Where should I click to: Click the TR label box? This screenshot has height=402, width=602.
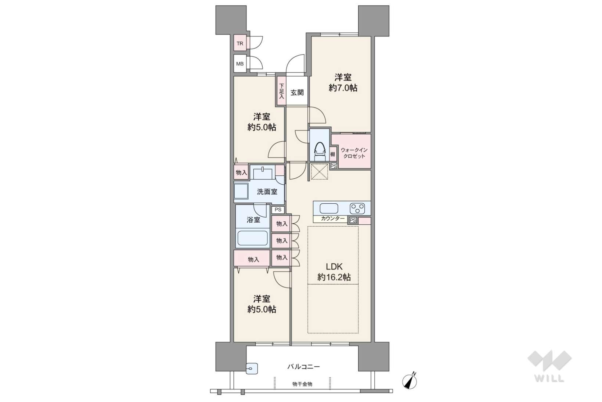[x=240, y=43]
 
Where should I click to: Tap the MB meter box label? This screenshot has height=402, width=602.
[x=240, y=64]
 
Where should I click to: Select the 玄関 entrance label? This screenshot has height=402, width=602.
[x=297, y=93]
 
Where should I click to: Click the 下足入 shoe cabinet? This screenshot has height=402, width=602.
[x=281, y=91]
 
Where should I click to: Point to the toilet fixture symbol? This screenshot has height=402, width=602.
[x=320, y=151]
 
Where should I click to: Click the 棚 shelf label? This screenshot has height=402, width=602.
[x=333, y=154]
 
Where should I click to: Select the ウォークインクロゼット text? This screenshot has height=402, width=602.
[x=354, y=153]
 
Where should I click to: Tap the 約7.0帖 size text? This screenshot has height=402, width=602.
[x=343, y=88]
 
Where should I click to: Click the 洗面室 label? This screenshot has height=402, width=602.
[x=267, y=192]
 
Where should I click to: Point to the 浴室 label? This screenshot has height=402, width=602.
[x=253, y=220]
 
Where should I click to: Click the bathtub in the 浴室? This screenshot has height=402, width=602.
[x=253, y=238]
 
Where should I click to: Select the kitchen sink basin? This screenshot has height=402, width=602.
[x=329, y=209]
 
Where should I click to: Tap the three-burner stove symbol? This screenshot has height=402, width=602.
[x=357, y=209]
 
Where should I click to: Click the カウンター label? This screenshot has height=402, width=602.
[x=333, y=218]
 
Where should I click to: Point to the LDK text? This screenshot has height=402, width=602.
[x=334, y=267]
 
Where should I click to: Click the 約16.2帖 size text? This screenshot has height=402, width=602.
[x=334, y=277]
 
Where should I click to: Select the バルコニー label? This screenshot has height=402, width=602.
[x=303, y=366]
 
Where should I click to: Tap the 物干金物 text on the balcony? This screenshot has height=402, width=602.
[x=302, y=384]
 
